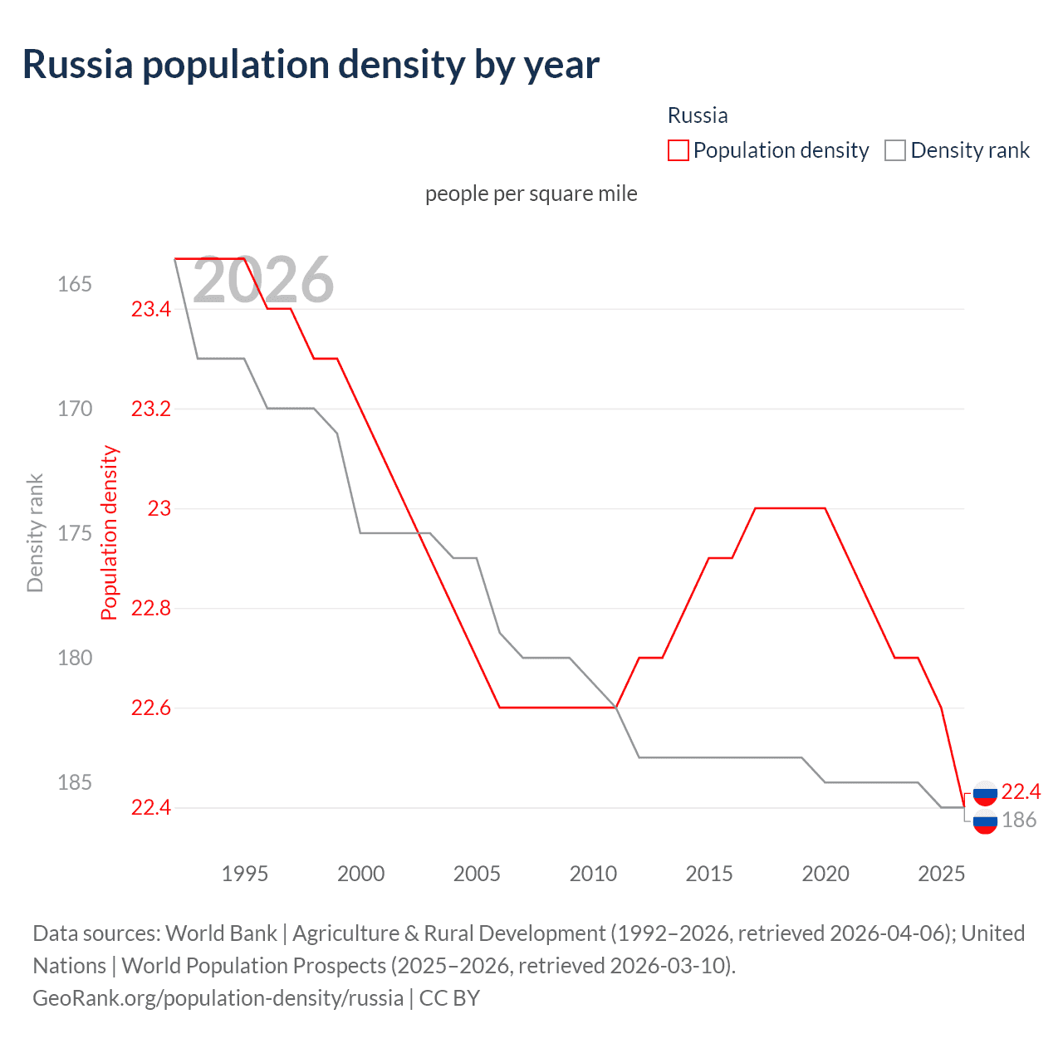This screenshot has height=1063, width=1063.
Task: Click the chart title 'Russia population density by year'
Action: (x=311, y=66)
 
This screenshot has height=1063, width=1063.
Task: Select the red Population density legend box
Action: (x=678, y=150)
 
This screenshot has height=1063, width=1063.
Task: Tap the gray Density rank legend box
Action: (x=894, y=150)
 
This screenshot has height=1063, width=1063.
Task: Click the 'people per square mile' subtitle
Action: (x=531, y=193)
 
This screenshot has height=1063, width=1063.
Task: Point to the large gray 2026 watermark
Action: (x=263, y=281)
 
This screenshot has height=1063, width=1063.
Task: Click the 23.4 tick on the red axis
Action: (x=151, y=309)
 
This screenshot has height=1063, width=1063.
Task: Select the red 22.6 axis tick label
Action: (x=151, y=708)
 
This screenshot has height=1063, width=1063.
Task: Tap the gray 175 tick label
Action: (x=75, y=533)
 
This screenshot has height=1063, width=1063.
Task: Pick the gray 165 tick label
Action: (x=75, y=284)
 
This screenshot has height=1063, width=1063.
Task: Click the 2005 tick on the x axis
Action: (x=477, y=874)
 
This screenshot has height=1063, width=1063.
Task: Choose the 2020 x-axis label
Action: (x=825, y=874)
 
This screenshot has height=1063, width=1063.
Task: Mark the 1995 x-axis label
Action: (x=245, y=874)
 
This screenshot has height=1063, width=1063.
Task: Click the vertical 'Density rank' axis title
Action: (x=35, y=533)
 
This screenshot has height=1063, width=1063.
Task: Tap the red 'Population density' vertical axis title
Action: (x=110, y=533)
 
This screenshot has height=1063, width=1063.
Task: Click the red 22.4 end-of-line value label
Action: (x=1021, y=791)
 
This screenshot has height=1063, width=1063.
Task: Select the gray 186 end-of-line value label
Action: (x=1019, y=821)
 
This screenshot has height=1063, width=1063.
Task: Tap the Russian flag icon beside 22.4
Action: (x=985, y=793)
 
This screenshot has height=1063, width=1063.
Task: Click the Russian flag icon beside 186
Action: (x=985, y=821)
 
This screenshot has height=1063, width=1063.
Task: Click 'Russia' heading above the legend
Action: (x=698, y=115)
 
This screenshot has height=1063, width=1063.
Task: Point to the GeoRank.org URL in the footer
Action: (x=218, y=997)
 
